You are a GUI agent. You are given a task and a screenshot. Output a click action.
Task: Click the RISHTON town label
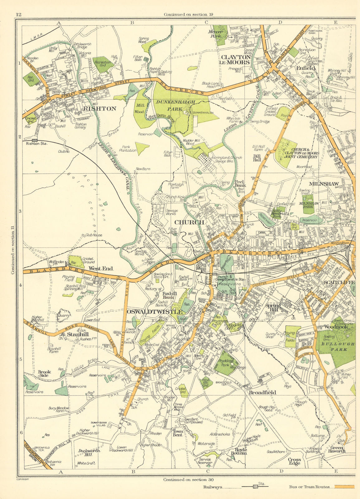click(100, 109)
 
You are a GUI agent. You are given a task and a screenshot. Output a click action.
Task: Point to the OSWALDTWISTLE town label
click(155, 312)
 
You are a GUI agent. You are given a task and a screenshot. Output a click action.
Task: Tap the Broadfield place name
click(262, 392)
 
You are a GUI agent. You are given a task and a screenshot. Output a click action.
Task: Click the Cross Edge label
click(294, 461)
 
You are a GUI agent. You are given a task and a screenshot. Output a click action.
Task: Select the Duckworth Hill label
click(89, 453)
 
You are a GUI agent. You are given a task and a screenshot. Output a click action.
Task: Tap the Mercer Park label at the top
click(215, 34)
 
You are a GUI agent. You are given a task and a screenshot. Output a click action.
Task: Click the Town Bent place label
click(178, 433)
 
